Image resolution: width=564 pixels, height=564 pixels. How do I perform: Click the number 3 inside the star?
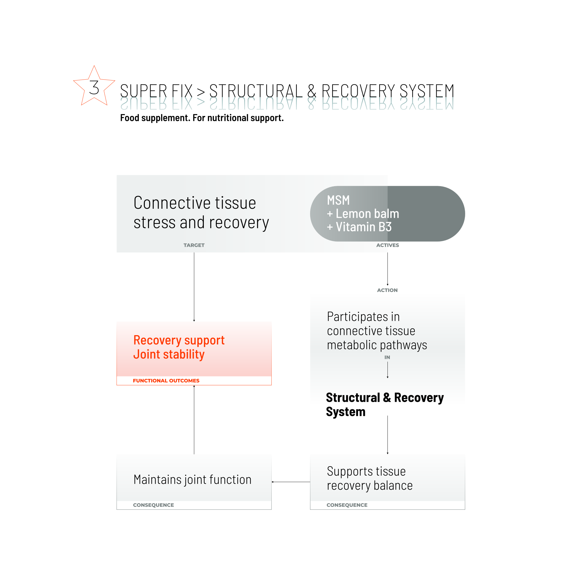[x=94, y=88]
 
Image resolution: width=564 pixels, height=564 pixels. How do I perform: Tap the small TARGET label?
[x=194, y=245]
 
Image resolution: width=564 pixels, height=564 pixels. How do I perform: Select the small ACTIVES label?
[x=387, y=245]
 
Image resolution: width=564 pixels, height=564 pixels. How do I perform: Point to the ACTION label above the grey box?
[x=387, y=290]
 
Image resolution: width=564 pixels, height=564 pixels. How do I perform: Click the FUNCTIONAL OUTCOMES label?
[x=166, y=381]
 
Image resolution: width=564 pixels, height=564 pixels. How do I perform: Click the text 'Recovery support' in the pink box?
[x=179, y=340]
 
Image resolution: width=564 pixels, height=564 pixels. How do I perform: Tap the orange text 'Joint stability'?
[x=169, y=354]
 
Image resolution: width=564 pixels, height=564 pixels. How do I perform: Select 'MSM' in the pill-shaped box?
[x=338, y=200]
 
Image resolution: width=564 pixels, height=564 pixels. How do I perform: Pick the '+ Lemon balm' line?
[x=363, y=214]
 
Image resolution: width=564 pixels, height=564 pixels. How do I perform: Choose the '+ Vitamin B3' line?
[x=359, y=227]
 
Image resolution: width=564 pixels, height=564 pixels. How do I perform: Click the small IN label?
[x=387, y=357]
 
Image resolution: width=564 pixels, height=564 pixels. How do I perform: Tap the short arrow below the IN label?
[x=387, y=370]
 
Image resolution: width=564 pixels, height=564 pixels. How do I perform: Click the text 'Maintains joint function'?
[x=192, y=480]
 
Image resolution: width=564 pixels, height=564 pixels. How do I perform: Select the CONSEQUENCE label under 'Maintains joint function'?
[x=153, y=505]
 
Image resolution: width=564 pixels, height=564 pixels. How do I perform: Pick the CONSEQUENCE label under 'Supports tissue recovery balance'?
[x=347, y=505]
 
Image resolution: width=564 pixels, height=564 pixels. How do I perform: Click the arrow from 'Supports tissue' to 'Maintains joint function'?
[x=291, y=482]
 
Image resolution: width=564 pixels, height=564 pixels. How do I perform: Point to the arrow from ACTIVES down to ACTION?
[x=387, y=269]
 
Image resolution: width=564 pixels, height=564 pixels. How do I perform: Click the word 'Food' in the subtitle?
[x=130, y=118]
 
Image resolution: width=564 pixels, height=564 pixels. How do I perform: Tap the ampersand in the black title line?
[x=312, y=91]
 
